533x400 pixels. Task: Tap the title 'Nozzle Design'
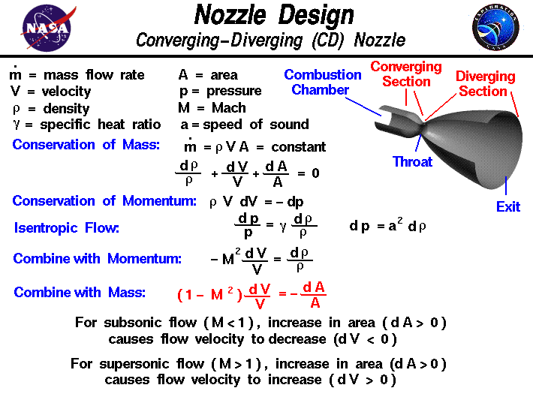(x=274, y=15)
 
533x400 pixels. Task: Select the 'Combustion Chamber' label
(x=323, y=83)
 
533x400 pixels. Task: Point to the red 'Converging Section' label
(x=407, y=74)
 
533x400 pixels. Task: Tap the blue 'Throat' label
(x=412, y=161)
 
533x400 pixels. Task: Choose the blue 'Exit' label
(x=508, y=206)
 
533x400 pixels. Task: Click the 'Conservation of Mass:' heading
(x=86, y=144)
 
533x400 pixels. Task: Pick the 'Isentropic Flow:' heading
(x=67, y=228)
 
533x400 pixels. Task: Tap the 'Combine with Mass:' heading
(x=80, y=293)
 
